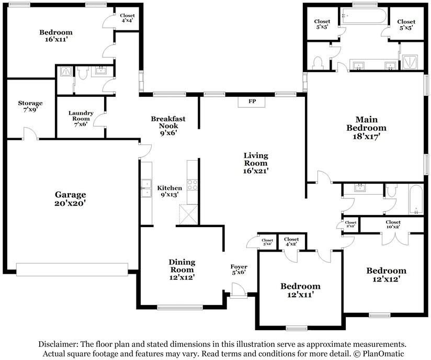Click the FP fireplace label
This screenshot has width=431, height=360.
(252, 101)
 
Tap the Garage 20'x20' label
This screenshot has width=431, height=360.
(71, 198)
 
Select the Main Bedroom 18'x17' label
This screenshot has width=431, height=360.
(367, 128)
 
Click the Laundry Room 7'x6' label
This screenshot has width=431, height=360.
(81, 119)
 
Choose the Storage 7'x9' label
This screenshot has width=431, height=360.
(30, 106)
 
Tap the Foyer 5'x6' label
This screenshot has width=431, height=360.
(239, 269)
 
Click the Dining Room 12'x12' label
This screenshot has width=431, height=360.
(182, 269)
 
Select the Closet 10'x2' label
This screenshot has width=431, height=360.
(393, 224)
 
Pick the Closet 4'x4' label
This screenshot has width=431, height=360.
(127, 18)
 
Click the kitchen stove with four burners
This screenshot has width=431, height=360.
(192, 185)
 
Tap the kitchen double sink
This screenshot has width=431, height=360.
(146, 188)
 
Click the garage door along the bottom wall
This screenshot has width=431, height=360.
(72, 269)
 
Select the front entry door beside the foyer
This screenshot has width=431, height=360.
(238, 291)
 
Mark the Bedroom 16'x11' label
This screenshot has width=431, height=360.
(56, 36)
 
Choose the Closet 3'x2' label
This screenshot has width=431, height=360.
(267, 242)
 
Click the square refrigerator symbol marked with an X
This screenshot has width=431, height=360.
(188, 214)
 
